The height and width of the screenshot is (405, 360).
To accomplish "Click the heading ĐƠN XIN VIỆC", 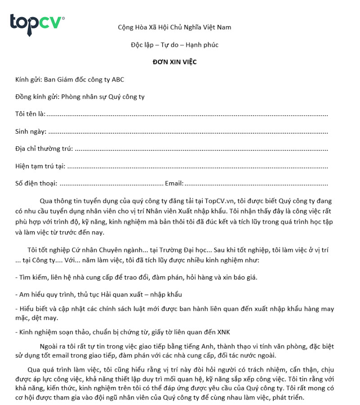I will pos(174,62).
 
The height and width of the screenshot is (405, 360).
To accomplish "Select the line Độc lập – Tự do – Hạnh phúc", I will pos(174,45).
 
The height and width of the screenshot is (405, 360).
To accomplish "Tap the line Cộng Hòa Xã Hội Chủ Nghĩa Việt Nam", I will pos(174,27).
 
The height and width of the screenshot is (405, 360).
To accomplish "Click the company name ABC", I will pos(118,80).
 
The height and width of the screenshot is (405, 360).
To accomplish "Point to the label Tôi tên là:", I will pos(30,114).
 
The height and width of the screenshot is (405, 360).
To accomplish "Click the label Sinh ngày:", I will pos(31,132).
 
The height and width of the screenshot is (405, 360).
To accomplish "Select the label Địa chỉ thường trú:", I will pos(44,149).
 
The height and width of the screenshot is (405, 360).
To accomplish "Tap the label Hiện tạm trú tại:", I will pos(40,166).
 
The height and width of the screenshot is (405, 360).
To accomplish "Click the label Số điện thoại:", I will pos(36,184).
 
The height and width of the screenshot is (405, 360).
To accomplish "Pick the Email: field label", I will pos(174,184).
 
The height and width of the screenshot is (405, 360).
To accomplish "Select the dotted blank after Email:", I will pos(256,184).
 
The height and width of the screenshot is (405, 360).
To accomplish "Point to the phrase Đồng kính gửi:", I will pos(37,97).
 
